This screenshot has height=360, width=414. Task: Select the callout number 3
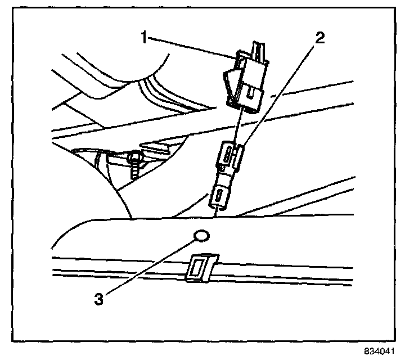[98, 299]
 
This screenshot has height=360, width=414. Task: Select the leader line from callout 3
[152, 264]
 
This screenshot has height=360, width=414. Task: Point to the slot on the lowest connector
[217, 196]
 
